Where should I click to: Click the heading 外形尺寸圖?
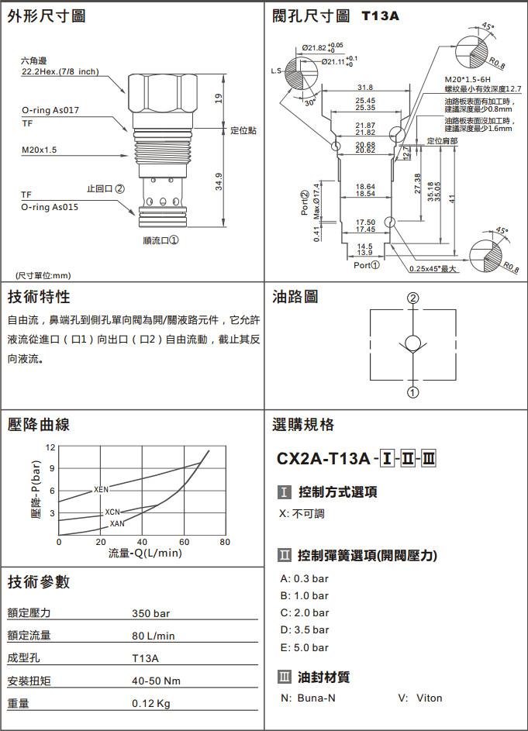point(47,16)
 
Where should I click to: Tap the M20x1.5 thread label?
point(39,150)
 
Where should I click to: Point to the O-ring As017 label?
point(50,110)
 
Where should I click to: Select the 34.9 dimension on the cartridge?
point(219,181)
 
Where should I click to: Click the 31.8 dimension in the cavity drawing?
point(365,87)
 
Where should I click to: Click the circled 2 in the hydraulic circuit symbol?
point(413,298)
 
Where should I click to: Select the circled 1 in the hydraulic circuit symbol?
point(413,392)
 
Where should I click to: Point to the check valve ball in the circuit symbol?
point(413,343)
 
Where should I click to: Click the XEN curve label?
point(102,489)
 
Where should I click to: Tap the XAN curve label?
point(117,524)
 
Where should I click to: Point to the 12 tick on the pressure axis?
point(50,448)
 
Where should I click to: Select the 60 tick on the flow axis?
point(184,542)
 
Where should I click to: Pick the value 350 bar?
point(150,614)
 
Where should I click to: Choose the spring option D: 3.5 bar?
point(305,629)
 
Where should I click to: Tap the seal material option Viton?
point(429,698)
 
